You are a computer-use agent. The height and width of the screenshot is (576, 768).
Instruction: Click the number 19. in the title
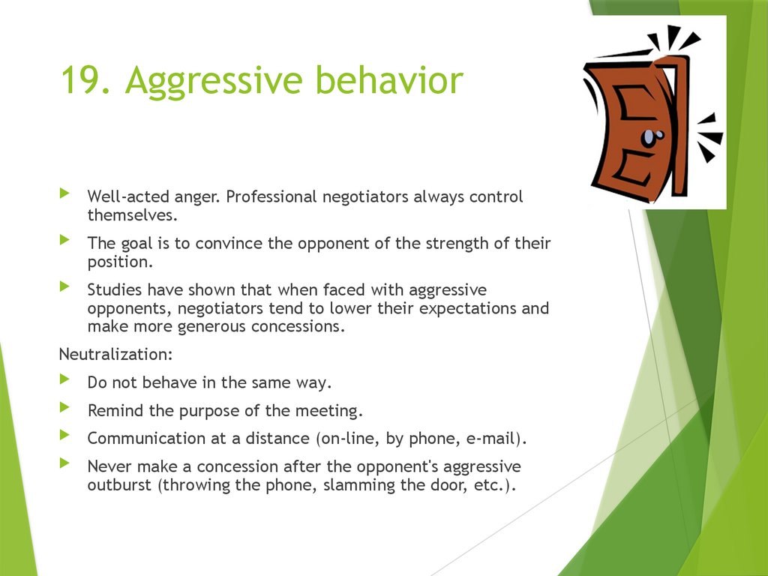point(85,81)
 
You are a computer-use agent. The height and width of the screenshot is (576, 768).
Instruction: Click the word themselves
point(131,215)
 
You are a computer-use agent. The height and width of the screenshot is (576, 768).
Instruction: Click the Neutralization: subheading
point(110,354)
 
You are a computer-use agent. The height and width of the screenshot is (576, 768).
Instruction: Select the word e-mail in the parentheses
point(487,438)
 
